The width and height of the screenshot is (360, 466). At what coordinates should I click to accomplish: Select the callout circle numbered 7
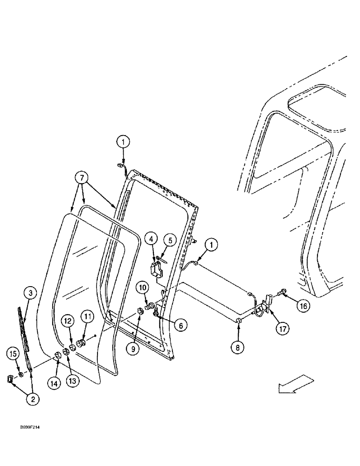coord(82,178)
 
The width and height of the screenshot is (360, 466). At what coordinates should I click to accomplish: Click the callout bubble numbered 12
coord(68,321)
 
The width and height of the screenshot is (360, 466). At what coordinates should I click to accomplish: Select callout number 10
coord(142,286)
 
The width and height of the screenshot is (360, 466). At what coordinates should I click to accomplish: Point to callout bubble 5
coord(170,240)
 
